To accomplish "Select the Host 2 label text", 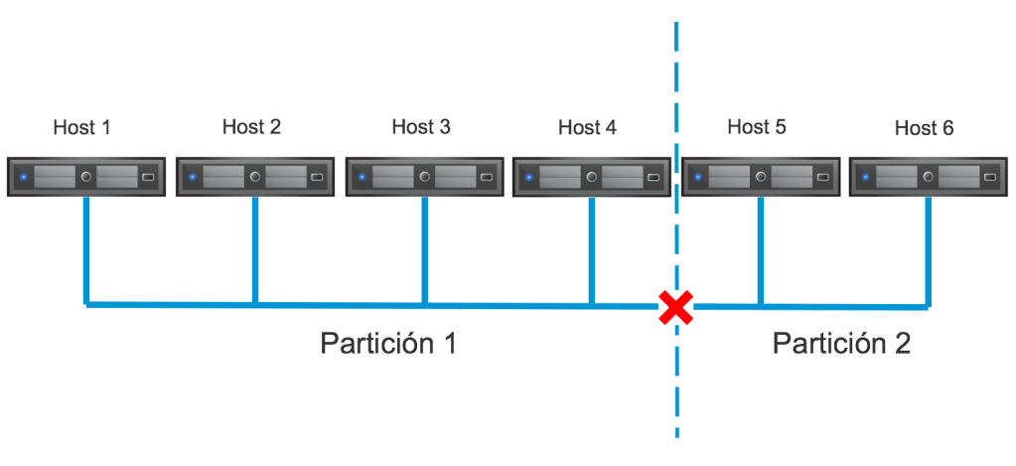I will [x=251, y=127].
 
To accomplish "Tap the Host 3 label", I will [x=420, y=127].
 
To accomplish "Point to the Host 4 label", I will [x=587, y=128].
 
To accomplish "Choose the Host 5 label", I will [x=757, y=127].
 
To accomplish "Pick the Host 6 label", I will [x=924, y=128].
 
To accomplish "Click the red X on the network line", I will [x=676, y=307].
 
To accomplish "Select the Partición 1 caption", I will [x=388, y=344].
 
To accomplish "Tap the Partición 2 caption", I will [x=841, y=344].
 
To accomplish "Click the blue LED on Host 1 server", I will [x=23, y=178].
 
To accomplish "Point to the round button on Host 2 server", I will [x=255, y=177].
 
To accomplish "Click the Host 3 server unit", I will [x=424, y=177].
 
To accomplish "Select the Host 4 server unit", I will [x=592, y=177].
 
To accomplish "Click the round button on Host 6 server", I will [x=928, y=177].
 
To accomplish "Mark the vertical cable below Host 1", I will [x=87, y=248].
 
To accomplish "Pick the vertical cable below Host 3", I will [x=424, y=248].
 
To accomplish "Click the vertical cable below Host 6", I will [x=930, y=248].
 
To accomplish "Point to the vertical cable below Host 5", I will [x=760, y=248].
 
